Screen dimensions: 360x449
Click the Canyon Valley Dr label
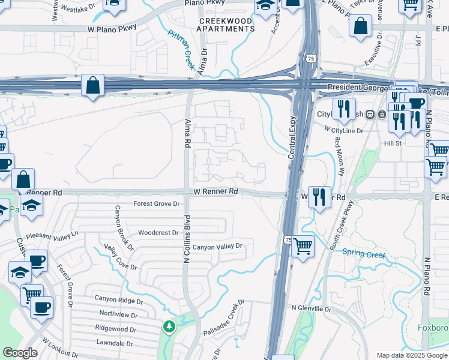[217, 246]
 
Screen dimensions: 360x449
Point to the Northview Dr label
[118, 314]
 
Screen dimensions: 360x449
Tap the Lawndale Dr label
[113, 344]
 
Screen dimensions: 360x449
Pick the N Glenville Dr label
[311, 308]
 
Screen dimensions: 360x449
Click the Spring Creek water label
[363, 253]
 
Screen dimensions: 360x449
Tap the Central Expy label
[295, 137]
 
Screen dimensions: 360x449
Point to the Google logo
[20, 353]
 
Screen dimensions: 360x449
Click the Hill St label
[393, 143]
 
